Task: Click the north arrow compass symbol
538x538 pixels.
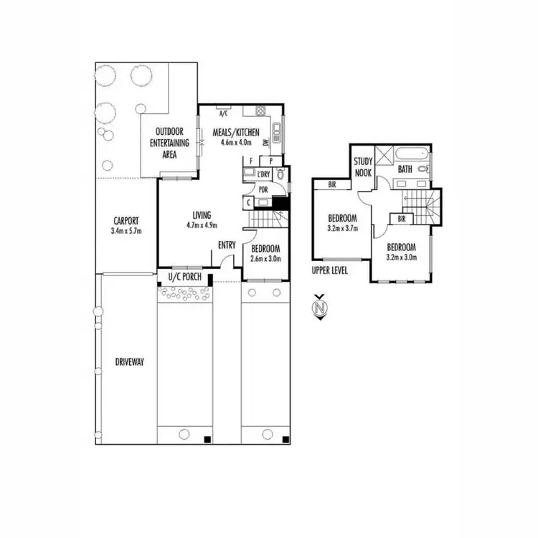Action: (x=319, y=308)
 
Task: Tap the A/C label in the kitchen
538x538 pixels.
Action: (x=223, y=113)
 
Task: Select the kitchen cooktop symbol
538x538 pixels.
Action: (x=260, y=113)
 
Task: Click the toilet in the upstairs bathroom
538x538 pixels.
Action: (x=423, y=169)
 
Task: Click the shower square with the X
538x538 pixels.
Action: (x=385, y=154)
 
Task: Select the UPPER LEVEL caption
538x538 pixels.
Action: (x=329, y=271)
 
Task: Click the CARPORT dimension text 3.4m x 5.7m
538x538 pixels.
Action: (x=126, y=231)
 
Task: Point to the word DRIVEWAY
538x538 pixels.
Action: (x=130, y=362)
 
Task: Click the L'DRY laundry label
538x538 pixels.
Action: (x=263, y=174)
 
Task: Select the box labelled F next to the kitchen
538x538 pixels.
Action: (x=251, y=161)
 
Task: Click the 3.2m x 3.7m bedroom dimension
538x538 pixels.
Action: (x=342, y=228)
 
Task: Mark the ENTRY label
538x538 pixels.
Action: (x=227, y=245)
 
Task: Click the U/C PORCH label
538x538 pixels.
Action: (x=182, y=277)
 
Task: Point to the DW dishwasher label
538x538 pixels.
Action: (x=265, y=143)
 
